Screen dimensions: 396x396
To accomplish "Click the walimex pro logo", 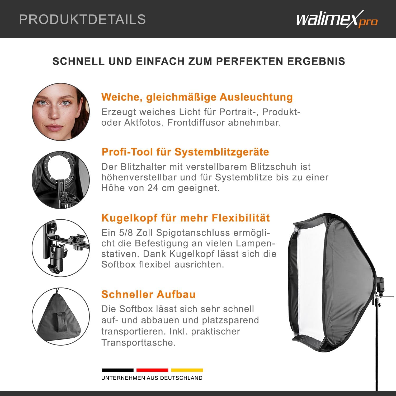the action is [x=337, y=19].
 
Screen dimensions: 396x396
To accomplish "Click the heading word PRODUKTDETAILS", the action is [x=83, y=19].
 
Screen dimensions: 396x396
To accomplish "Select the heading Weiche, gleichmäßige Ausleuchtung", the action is [x=197, y=97].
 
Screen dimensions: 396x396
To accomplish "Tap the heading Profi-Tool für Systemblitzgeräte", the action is [x=185, y=152].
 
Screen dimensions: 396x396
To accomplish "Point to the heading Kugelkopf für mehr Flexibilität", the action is [x=186, y=218].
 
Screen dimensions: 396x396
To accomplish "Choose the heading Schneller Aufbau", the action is [x=148, y=294].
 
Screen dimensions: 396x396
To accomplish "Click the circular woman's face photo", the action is [x=61, y=112].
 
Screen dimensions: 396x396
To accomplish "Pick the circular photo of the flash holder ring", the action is [x=61, y=180].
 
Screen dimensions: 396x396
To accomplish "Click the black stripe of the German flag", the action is [x=117, y=370].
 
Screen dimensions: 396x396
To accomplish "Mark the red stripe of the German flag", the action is [x=152, y=370].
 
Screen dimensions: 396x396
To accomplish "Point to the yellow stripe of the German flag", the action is [x=187, y=370].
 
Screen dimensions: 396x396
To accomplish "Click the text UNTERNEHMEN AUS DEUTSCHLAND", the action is [x=152, y=378].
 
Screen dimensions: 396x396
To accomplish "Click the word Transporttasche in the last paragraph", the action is [x=139, y=343].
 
